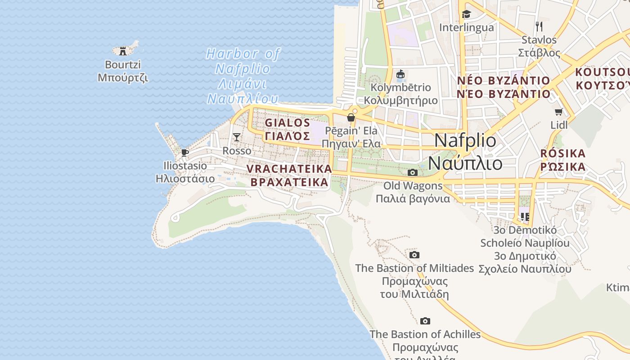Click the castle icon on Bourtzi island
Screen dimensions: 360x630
(x=123, y=51)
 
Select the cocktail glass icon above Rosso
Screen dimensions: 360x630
(x=237, y=137)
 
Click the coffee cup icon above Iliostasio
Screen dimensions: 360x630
(x=185, y=153)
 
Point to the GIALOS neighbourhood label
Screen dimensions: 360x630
(x=288, y=129)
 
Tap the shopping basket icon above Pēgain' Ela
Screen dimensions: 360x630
(x=351, y=117)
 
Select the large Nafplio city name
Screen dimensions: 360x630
(x=465, y=151)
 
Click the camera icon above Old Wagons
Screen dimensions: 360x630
(x=413, y=172)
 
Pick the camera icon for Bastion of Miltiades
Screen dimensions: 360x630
(x=414, y=255)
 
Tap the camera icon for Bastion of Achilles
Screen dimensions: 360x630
(x=425, y=321)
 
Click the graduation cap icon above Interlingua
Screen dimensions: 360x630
(x=466, y=14)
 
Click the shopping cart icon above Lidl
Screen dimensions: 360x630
(x=559, y=112)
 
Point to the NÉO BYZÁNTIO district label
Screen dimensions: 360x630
(x=504, y=87)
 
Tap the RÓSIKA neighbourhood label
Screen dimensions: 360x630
(x=563, y=160)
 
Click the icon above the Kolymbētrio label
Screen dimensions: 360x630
(x=400, y=74)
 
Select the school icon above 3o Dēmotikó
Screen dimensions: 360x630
(x=525, y=217)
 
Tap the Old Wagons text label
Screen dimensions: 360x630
(x=413, y=192)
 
